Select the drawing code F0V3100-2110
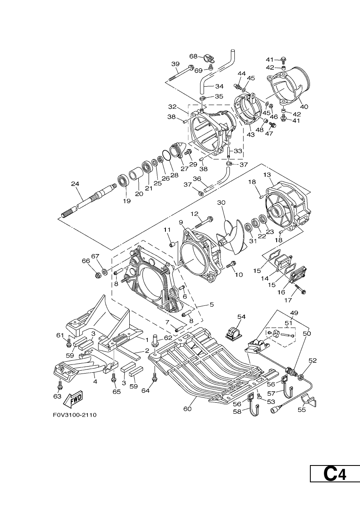(x=75, y=415)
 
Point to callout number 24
(x=75, y=183)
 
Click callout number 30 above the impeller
(x=221, y=202)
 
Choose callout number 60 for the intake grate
(x=188, y=409)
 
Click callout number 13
(x=268, y=175)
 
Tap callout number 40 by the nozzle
(x=304, y=107)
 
